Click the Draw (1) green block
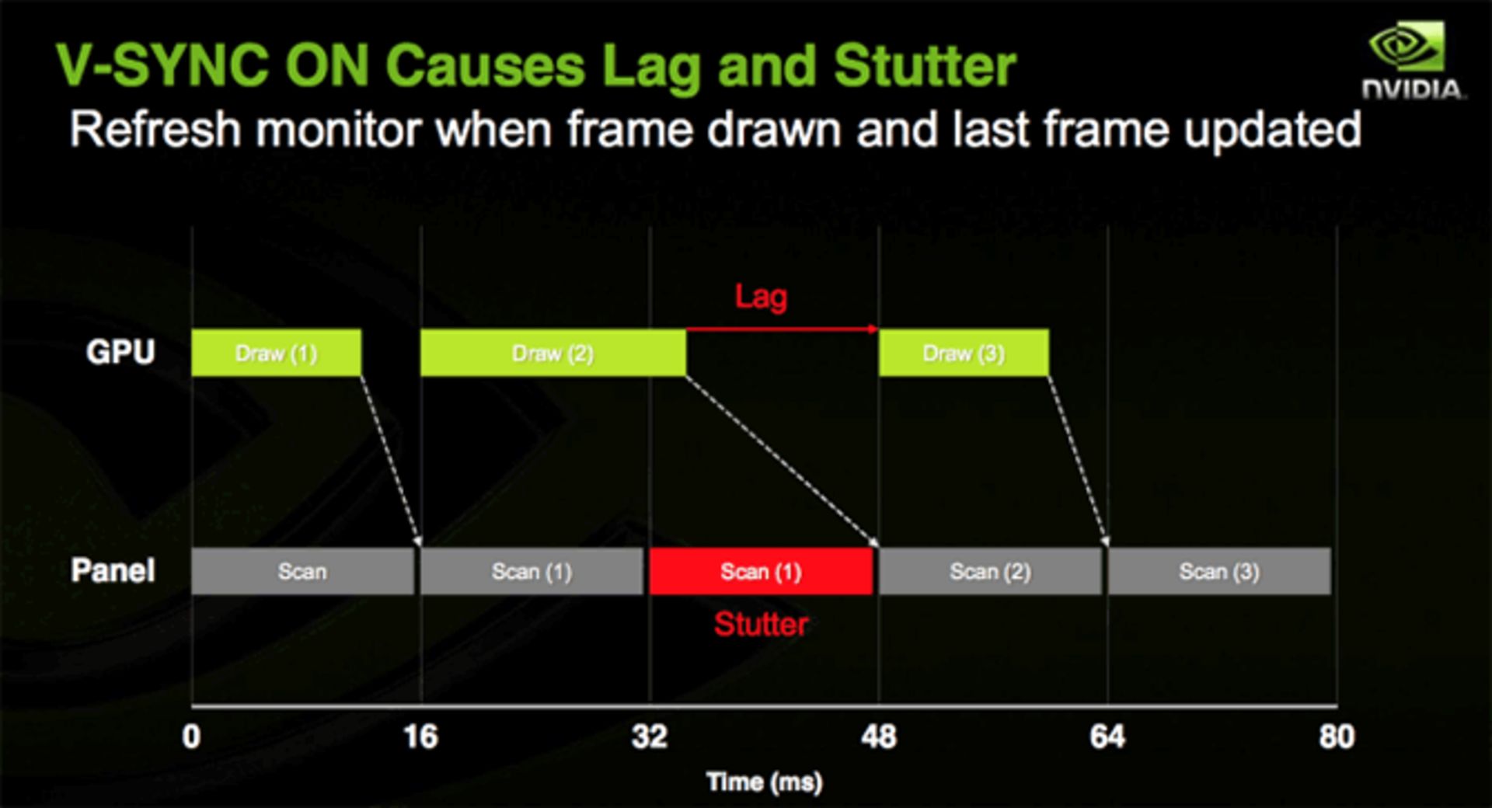pos(276,353)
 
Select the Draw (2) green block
pos(553,353)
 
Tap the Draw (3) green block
pos(963,353)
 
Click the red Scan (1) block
pos(761,571)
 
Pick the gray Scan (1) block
pos(532,571)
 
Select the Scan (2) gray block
pos(990,571)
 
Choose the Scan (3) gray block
pos(1218,571)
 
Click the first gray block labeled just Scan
pos(302,571)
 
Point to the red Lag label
pos(761,297)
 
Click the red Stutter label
pos(761,624)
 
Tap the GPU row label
pos(120,352)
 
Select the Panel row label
pos(113,570)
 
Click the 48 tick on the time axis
pos(878,736)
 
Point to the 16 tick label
pos(420,736)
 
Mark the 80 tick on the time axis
pos(1336,736)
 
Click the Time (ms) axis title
pos(764,782)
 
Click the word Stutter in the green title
pos(925,65)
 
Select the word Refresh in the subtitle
pos(155,129)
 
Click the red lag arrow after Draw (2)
pos(781,329)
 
